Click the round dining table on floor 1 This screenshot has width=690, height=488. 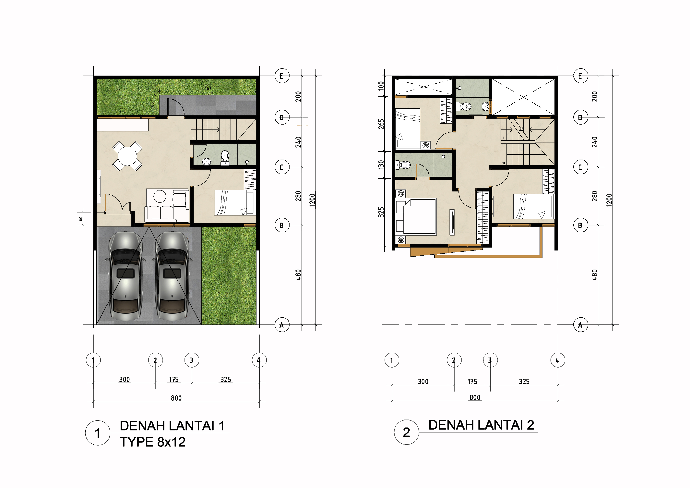[x=127, y=156]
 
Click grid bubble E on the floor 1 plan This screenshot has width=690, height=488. [x=282, y=76]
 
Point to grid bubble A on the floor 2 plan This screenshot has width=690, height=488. [x=581, y=325]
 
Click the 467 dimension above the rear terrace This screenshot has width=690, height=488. [x=208, y=88]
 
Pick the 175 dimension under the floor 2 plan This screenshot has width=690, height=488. [x=472, y=382]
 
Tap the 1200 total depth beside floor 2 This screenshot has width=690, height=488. [x=609, y=200]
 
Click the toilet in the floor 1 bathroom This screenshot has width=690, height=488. [x=225, y=158]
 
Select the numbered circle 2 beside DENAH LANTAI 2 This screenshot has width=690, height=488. [x=406, y=432]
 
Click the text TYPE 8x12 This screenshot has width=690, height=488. [x=153, y=442]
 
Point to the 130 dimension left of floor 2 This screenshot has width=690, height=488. [x=381, y=165]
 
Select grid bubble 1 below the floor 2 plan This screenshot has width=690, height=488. [x=392, y=360]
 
